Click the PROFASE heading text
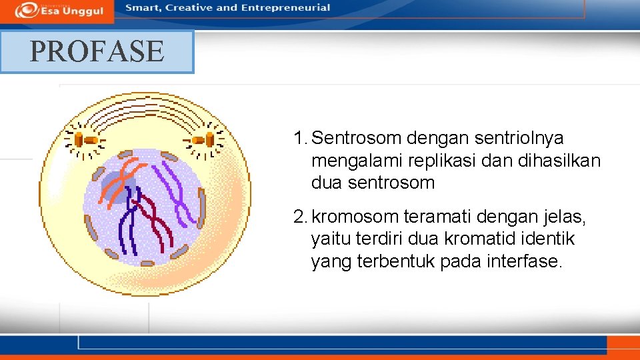(x=97, y=51)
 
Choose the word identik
(x=546, y=239)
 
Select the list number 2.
(x=299, y=217)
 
